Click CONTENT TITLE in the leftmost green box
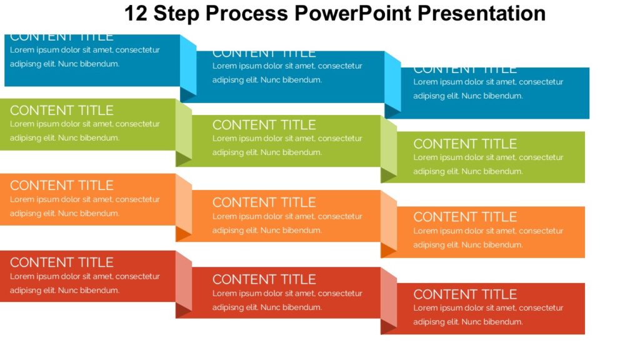[61, 111]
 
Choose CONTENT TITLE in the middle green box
[264, 125]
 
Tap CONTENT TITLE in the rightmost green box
[465, 144]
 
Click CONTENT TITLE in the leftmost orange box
[61, 186]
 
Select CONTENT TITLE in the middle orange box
[264, 202]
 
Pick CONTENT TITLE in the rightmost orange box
[465, 217]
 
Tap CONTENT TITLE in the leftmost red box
[61, 262]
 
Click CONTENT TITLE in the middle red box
[264, 279]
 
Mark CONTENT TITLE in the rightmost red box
[465, 294]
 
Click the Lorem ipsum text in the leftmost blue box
[84, 57]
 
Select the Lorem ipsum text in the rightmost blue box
[487, 89]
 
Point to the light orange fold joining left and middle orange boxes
[184, 203]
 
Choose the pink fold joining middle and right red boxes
[389, 297]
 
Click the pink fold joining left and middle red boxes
[184, 280]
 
